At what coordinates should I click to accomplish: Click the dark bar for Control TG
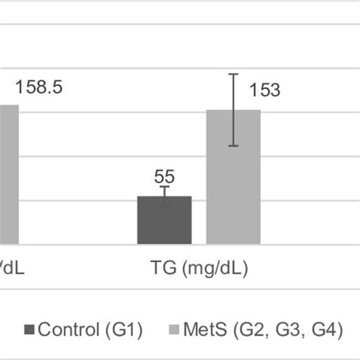pyautogui.click(x=164, y=220)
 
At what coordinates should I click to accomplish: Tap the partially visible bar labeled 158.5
pyautogui.click(x=8, y=175)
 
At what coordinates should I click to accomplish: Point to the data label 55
pyautogui.click(x=164, y=177)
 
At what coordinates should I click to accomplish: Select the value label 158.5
pyautogui.click(x=37, y=87)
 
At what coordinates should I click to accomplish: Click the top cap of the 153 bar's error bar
pyautogui.click(x=234, y=74)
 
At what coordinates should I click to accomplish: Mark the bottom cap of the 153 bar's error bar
pyautogui.click(x=234, y=146)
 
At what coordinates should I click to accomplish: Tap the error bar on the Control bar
pyautogui.click(x=165, y=197)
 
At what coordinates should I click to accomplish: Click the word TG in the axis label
pyautogui.click(x=160, y=269)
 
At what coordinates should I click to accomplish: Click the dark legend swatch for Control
pyautogui.click(x=30, y=330)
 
